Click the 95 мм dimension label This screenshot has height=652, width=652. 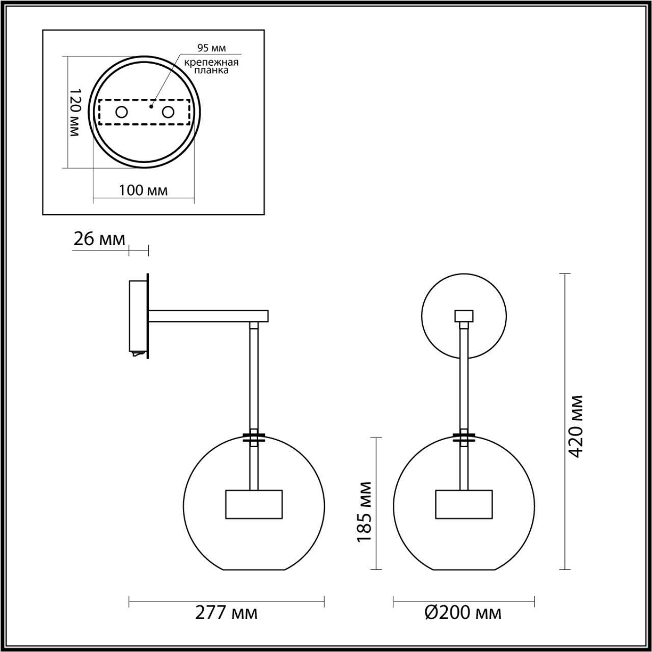coord(211,48)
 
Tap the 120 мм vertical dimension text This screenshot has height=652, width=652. coord(74,112)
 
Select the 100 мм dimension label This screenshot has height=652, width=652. coord(143,191)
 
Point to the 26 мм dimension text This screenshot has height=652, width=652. coord(99,239)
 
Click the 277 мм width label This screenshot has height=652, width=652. coord(226,612)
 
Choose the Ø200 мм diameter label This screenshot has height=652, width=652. coord(463,612)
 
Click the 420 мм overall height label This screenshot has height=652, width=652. coord(576,426)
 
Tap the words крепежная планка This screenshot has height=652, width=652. coord(211,66)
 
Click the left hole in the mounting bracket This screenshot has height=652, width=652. coord(121,112)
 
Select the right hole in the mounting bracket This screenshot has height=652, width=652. coord(168,112)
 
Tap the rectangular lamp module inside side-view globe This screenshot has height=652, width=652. coord(253,504)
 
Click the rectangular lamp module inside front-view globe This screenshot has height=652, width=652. coord(464,504)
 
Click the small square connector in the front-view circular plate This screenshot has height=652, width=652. coord(464,316)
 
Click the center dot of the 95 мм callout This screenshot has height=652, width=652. coord(150,107)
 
